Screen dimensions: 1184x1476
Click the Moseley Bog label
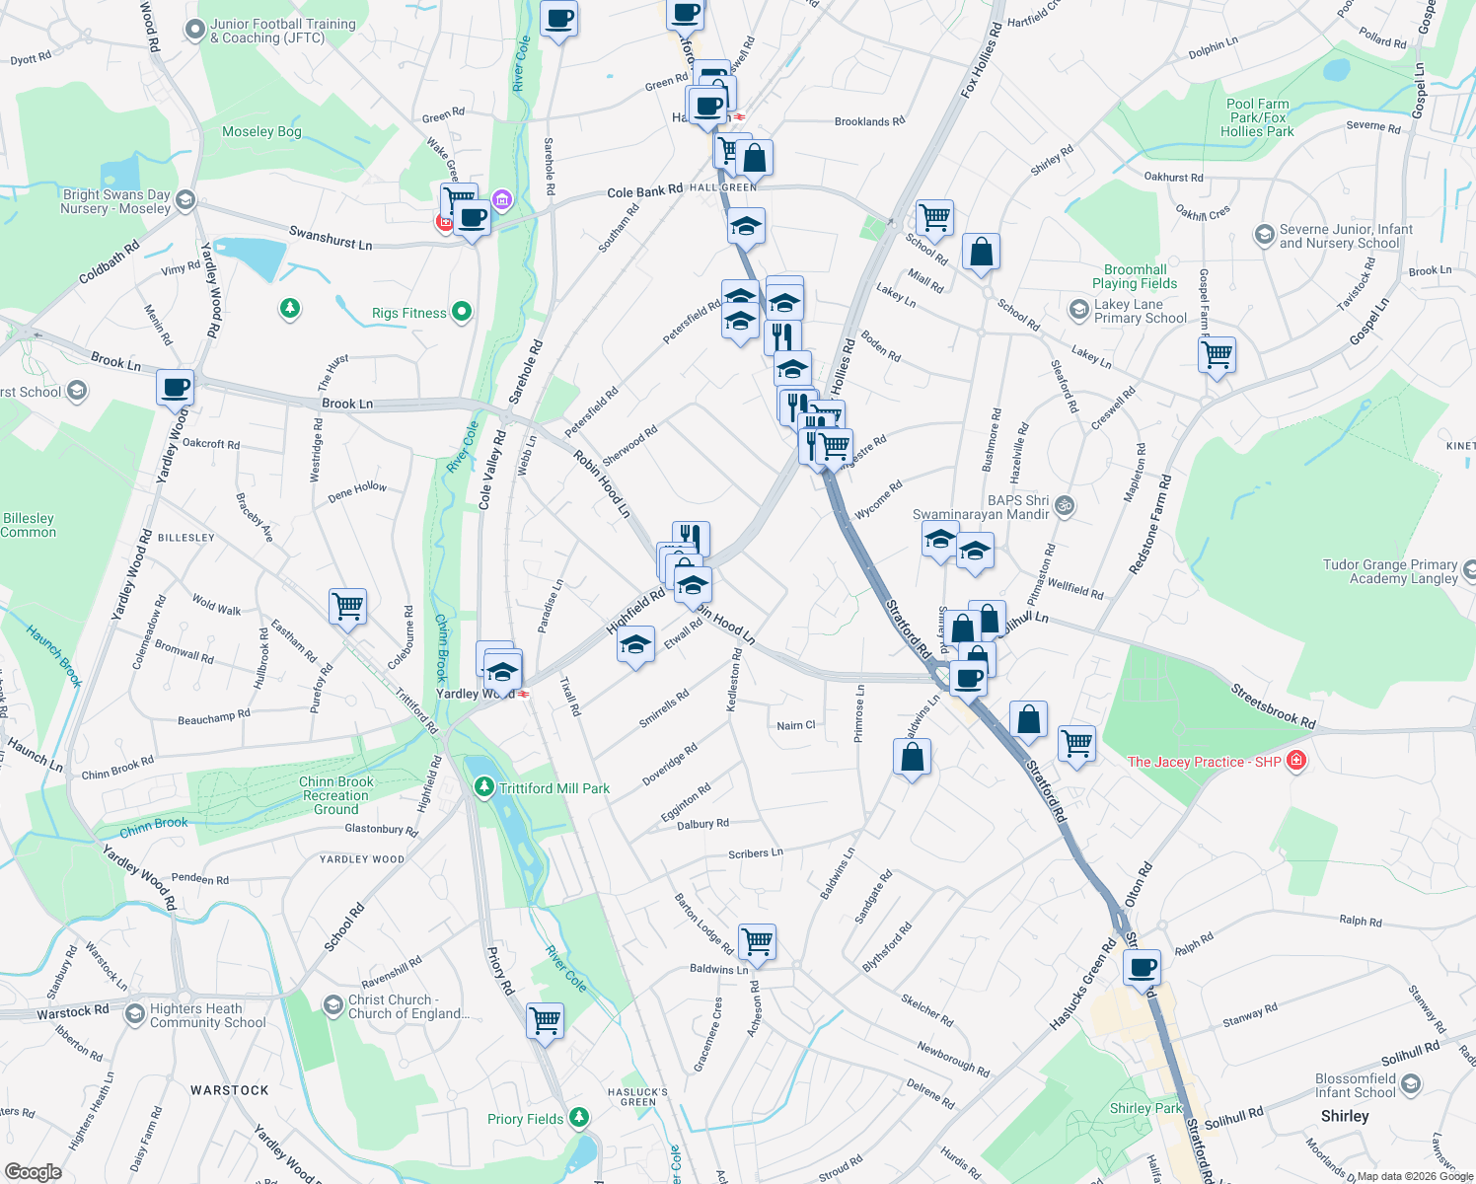click(261, 131)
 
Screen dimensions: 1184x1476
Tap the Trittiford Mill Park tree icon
click(483, 787)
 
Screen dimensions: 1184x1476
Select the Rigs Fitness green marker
click(461, 313)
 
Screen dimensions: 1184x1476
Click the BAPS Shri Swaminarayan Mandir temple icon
click(1064, 506)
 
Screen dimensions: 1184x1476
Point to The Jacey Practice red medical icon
click(1296, 761)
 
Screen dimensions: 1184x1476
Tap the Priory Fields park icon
click(579, 1118)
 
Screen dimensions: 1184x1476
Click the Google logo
click(34, 1171)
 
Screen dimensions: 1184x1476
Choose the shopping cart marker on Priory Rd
click(545, 1019)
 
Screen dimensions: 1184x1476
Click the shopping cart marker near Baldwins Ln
click(757, 941)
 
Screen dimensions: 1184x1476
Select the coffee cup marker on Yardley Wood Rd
click(176, 388)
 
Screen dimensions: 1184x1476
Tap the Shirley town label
click(1345, 1116)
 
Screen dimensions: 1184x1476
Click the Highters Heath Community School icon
click(135, 1014)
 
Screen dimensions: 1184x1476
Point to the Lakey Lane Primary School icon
click(1078, 311)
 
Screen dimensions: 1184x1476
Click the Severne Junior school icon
click(1264, 235)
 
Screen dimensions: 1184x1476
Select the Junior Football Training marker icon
click(195, 30)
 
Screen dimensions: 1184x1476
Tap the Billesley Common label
click(29, 525)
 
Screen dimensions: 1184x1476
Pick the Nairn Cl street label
click(796, 725)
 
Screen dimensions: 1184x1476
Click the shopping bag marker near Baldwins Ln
click(913, 757)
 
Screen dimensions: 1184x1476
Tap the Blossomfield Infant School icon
click(1411, 1084)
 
